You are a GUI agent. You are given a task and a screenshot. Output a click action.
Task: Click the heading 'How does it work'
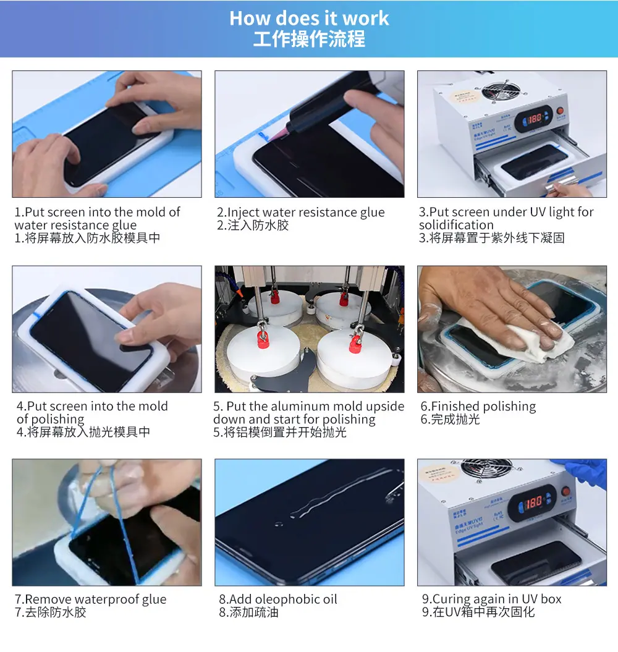tap(309, 18)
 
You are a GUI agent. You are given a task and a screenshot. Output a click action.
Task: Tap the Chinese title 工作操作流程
tap(309, 39)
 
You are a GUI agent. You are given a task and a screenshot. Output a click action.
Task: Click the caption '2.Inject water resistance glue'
tap(300, 213)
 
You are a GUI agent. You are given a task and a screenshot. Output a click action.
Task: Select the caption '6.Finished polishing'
tap(478, 407)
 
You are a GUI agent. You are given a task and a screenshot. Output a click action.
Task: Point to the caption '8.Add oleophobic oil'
tap(277, 599)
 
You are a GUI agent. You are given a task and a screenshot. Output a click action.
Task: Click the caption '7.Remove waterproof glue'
tap(90, 599)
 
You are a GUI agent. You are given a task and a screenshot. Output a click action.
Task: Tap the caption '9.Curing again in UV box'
tap(491, 599)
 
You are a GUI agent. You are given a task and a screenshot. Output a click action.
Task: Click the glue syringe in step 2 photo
tap(315, 117)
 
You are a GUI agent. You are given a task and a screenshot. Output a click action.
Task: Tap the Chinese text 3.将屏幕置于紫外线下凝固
tap(491, 238)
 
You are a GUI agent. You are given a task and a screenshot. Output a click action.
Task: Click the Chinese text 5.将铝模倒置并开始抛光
tap(280, 433)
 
